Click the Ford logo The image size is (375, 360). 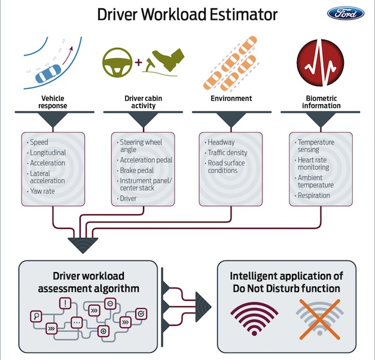pos(346,13)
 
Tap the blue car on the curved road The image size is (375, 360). pos(48,74)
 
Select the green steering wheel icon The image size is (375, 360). pos(117,63)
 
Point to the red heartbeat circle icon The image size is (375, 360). pos(321,63)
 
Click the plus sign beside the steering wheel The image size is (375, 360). pos(139,62)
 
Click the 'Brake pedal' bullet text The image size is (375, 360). pos(137,170)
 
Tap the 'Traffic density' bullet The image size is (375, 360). pos(227,152)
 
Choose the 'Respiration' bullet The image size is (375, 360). pos(314,196)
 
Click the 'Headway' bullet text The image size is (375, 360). pos(221,142)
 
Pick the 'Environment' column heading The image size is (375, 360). pos(231,98)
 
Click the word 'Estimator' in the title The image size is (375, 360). pos(243,14)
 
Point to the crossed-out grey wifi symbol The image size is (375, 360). pos(320,319)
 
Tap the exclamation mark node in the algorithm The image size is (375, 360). pos(65,303)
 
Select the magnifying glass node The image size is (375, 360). pos(36,316)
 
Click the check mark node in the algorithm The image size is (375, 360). pos(141,313)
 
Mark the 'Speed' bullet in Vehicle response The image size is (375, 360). pos(39,142)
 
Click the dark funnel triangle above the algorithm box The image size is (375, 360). pos(83,245)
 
